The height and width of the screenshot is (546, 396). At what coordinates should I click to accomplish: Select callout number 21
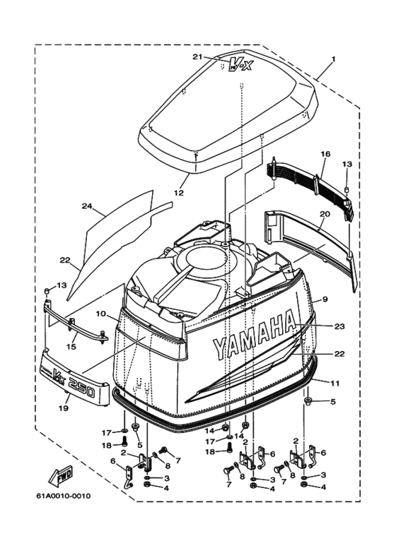[197, 57]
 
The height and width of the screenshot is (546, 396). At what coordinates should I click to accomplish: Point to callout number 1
[333, 59]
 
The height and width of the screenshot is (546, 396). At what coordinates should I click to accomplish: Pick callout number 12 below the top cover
[178, 192]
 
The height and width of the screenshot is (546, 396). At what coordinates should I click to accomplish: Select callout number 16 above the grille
[326, 154]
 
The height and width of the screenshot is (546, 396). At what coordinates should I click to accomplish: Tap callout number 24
[86, 206]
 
